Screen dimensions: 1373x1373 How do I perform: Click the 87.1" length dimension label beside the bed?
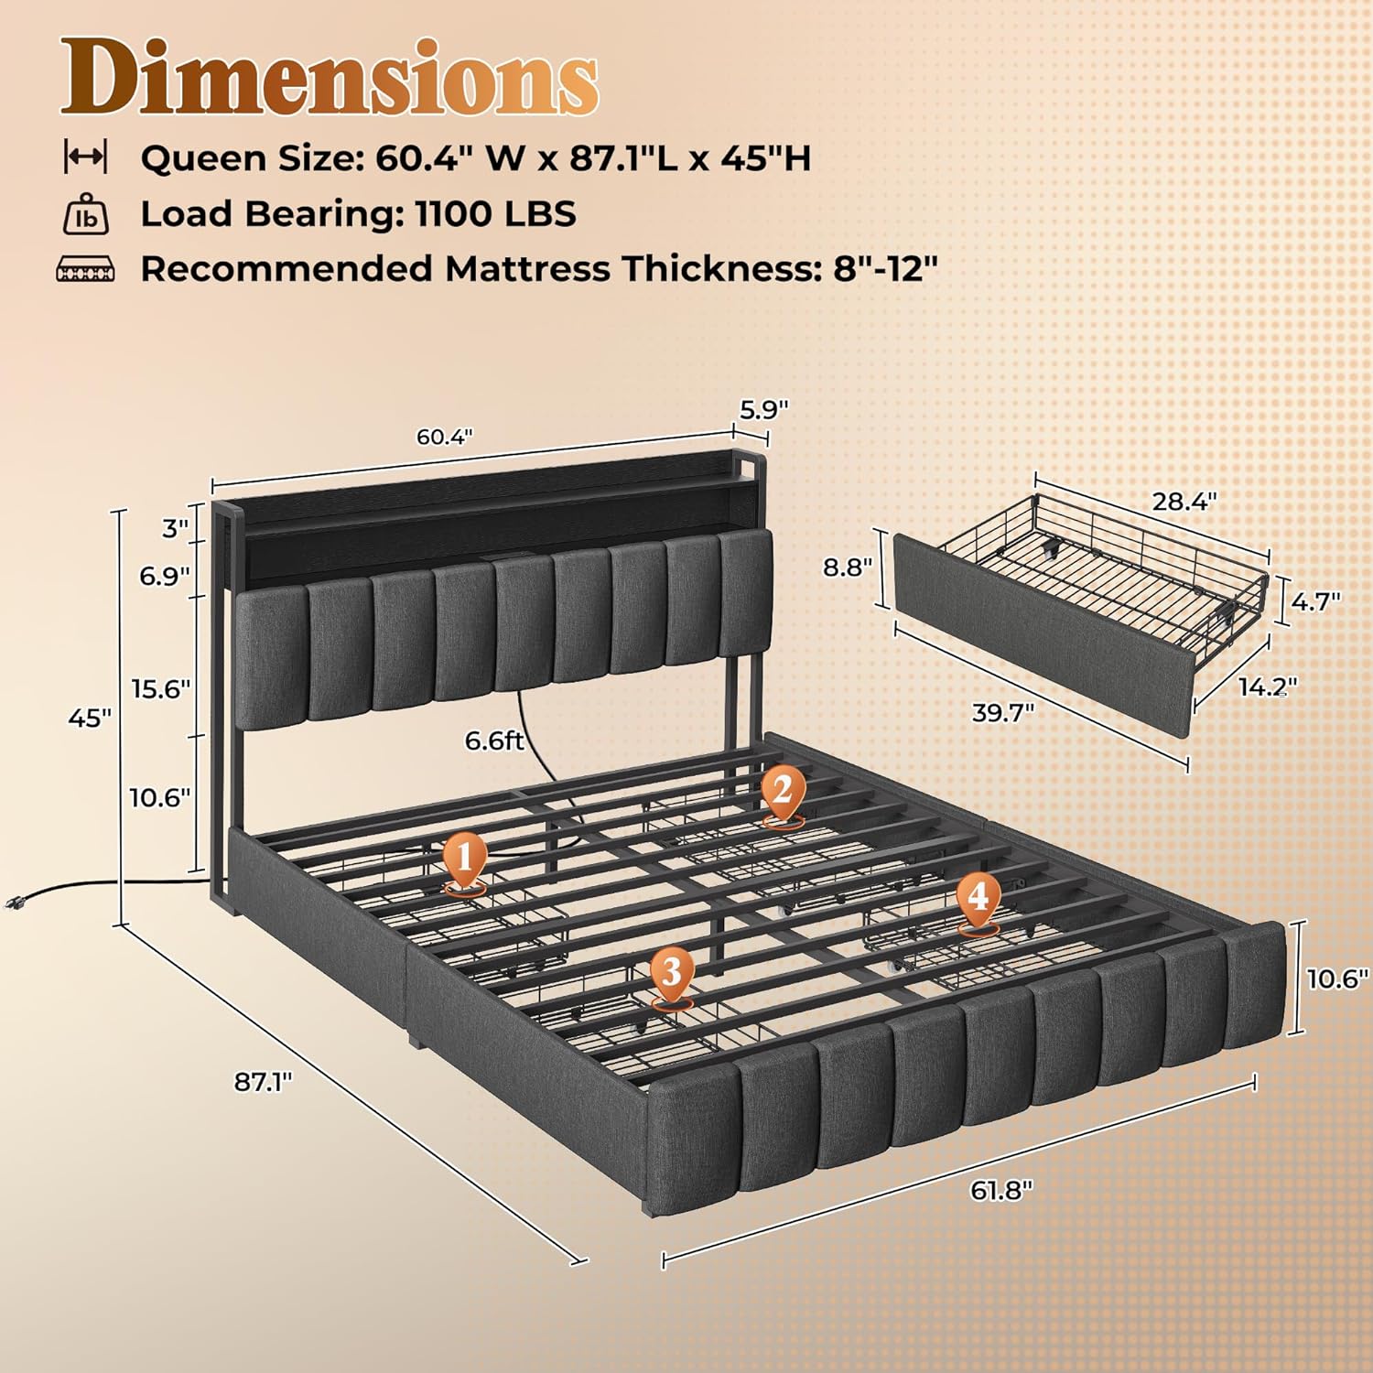pos(264,1081)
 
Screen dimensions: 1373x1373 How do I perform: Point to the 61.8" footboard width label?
pos(1001,1190)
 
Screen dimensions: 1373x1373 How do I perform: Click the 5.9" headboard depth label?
pos(763,409)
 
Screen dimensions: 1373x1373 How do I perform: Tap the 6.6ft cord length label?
pos(494,739)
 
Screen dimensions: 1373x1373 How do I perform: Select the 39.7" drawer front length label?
pos(1003,711)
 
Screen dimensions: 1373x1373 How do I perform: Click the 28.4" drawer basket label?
pos(1184,501)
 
